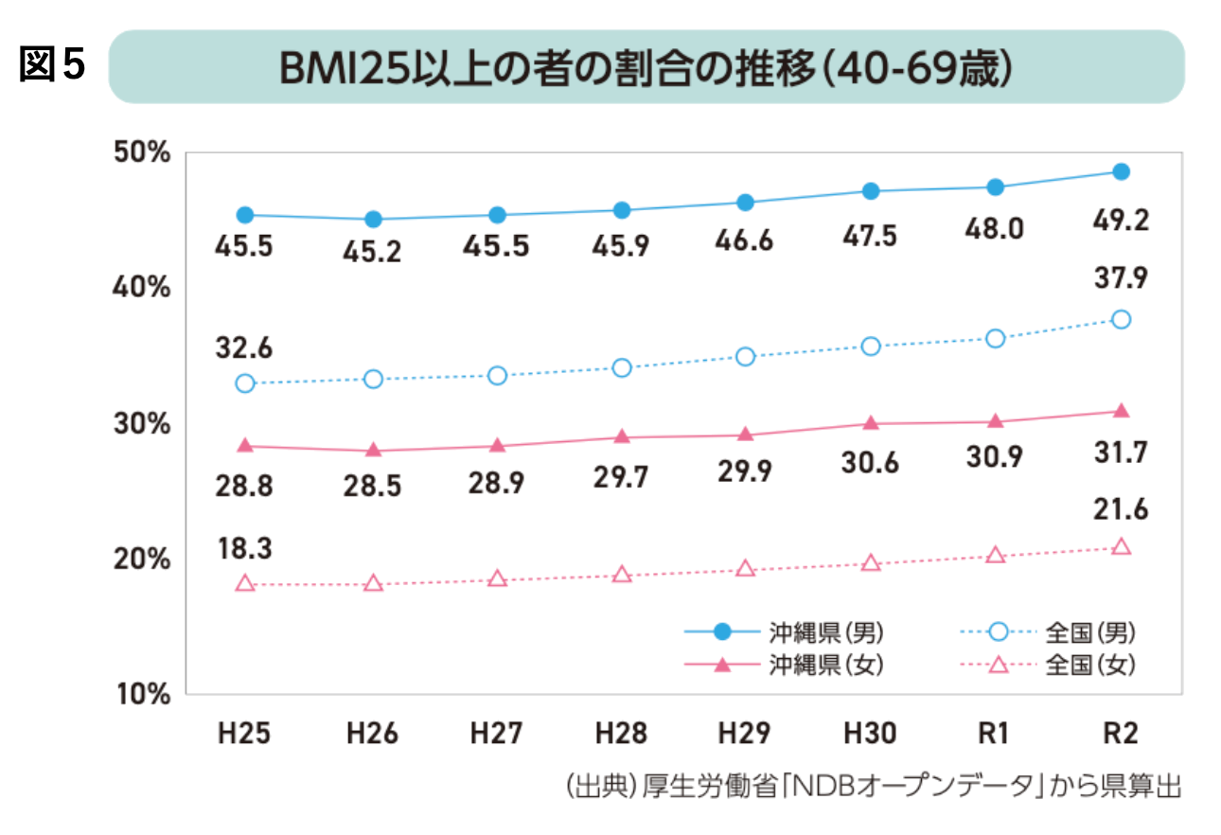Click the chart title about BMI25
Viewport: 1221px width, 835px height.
(x=646, y=67)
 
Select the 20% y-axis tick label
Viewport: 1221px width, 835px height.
(x=142, y=559)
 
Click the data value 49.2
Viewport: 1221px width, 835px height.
(x=1121, y=221)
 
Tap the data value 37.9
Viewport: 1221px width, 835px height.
(x=1121, y=278)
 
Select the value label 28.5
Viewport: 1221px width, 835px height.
(x=373, y=487)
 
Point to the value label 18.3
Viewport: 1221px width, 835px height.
(x=244, y=549)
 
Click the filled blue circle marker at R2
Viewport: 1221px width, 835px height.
(x=1121, y=171)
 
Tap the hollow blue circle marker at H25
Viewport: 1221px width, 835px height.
(x=245, y=383)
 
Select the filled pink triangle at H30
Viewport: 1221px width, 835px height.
(x=871, y=422)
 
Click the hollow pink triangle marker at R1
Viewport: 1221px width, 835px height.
(x=994, y=555)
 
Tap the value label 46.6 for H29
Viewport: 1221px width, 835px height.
(x=745, y=241)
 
